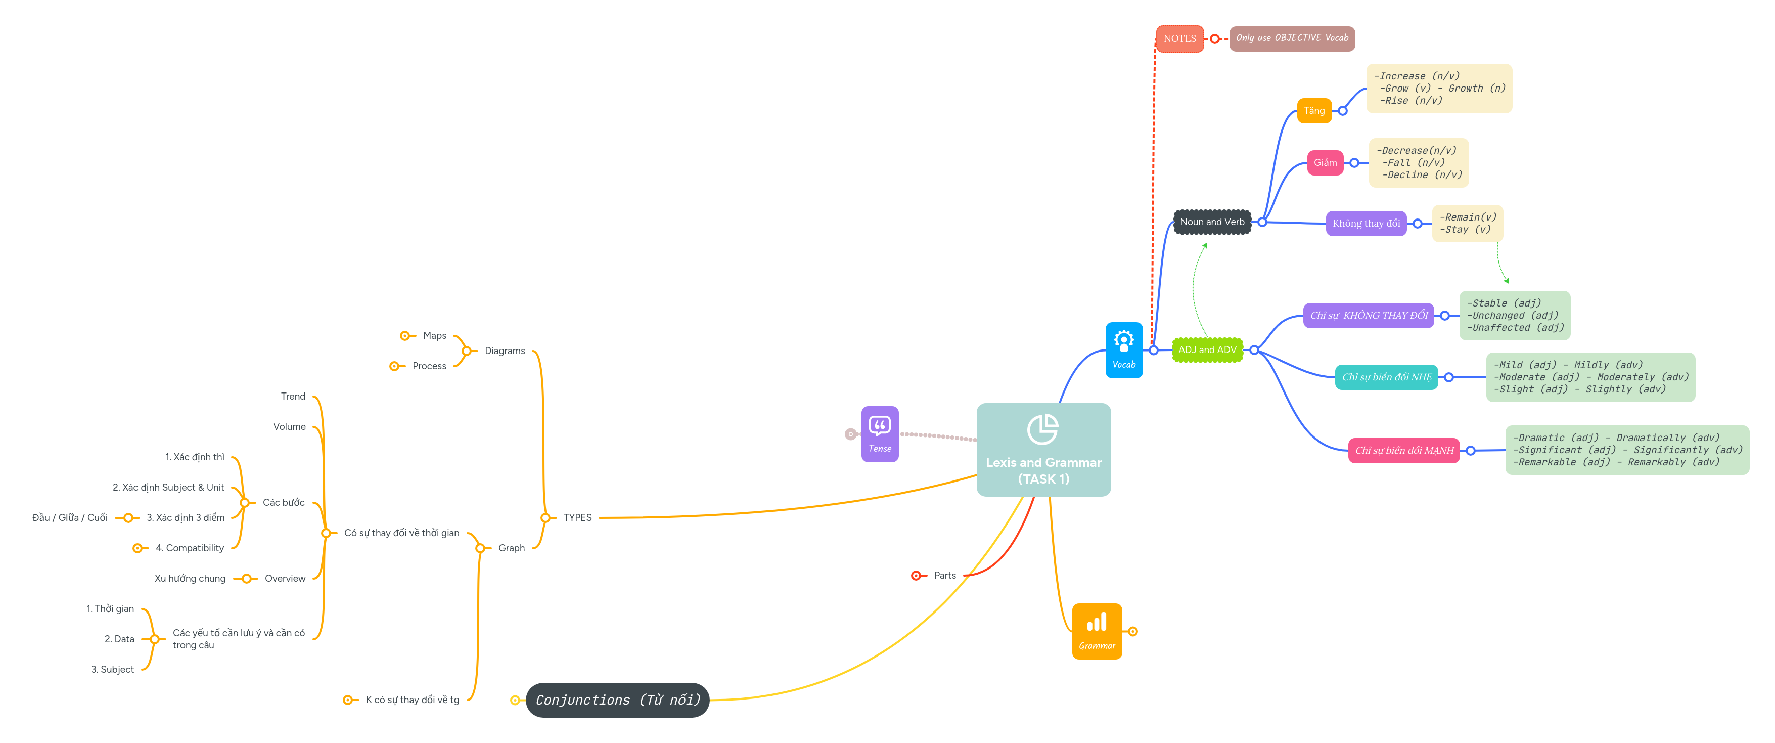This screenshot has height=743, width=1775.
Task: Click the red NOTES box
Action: [x=1179, y=38]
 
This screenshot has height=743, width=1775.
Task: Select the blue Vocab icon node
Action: [x=1124, y=350]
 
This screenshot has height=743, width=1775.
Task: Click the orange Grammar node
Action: [x=1096, y=631]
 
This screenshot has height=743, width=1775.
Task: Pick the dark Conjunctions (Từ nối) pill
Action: [x=617, y=700]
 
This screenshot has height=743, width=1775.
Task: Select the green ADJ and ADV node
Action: [x=1207, y=349]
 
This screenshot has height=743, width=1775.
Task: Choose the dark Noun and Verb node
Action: [x=1212, y=222]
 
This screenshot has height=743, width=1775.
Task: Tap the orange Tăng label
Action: [x=1314, y=110]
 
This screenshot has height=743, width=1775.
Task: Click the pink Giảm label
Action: [x=1325, y=163]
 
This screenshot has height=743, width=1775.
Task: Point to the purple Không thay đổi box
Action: [x=1366, y=224]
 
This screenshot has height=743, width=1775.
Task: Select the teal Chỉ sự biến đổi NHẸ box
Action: [x=1386, y=377]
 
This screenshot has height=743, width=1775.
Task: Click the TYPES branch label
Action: [x=577, y=517]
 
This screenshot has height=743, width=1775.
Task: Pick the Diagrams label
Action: [x=505, y=351]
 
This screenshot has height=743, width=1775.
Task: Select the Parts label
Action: [x=945, y=575]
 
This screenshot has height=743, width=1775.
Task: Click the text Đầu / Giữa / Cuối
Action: [x=70, y=517]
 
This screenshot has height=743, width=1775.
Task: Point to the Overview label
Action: [x=285, y=578]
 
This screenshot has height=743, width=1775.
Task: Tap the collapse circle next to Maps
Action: [x=405, y=336]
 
